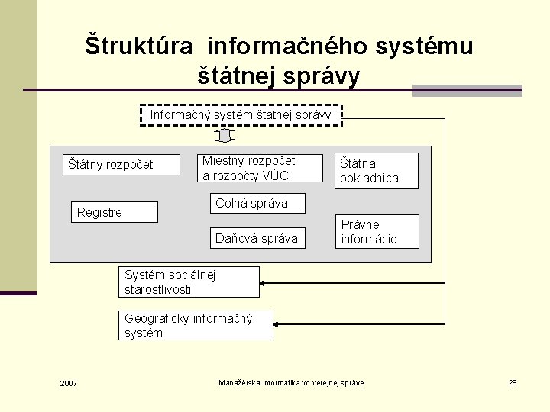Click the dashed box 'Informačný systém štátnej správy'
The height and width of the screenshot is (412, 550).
click(x=241, y=115)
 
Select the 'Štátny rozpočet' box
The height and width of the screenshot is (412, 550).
click(x=121, y=165)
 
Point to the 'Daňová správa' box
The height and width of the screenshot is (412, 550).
click(x=257, y=238)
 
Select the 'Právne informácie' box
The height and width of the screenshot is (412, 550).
click(x=377, y=231)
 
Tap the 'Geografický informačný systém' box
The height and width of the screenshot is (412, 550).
click(x=196, y=326)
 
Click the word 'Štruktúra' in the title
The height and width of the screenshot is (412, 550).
click(x=139, y=46)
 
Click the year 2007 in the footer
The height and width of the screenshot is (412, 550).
click(x=69, y=383)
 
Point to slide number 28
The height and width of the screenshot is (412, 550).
click(x=513, y=382)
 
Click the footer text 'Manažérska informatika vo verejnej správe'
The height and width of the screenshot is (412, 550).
click(x=291, y=382)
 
